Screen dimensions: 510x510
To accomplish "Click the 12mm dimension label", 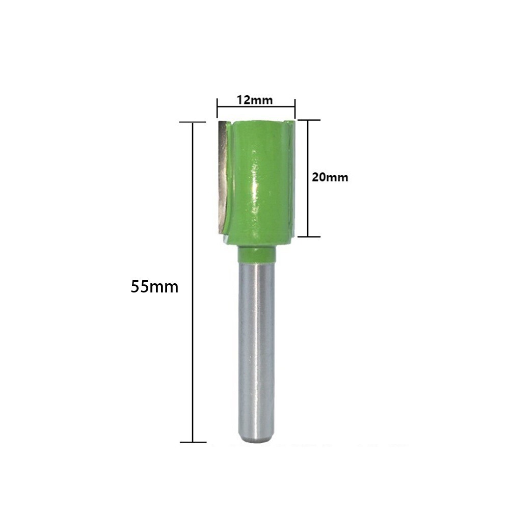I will [254, 100].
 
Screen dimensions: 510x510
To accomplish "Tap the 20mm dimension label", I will [330, 177].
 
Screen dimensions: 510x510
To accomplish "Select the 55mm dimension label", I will [154, 287].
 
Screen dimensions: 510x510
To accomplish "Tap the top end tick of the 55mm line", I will [193, 122].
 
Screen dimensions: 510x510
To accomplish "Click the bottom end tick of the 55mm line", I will [193, 442].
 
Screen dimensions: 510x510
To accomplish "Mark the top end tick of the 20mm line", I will [308, 120].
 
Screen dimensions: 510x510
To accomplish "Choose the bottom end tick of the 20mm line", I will [308, 236].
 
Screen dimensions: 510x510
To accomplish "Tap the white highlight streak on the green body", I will [254, 178].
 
